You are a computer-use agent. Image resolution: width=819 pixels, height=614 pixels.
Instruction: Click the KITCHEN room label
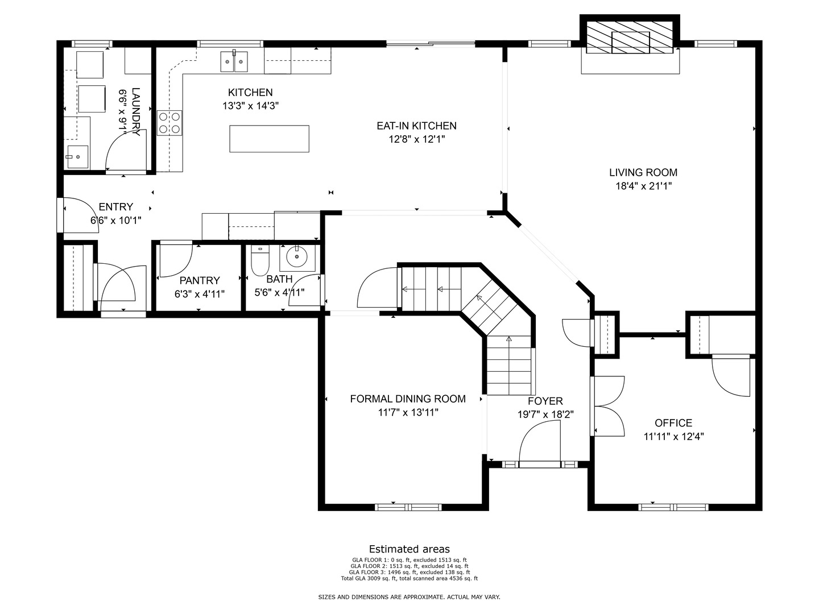pyautogui.click(x=250, y=92)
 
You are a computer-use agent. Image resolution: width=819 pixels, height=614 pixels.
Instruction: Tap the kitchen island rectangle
pyautogui.click(x=269, y=139)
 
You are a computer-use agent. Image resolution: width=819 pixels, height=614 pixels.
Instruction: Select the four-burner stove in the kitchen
pyautogui.click(x=169, y=123)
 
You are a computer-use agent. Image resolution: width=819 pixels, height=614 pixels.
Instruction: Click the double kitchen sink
pyautogui.click(x=234, y=61)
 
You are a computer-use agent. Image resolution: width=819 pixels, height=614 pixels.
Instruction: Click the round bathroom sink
pyautogui.click(x=297, y=257)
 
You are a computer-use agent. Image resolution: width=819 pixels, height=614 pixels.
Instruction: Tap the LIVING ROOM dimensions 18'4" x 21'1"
pyautogui.click(x=643, y=186)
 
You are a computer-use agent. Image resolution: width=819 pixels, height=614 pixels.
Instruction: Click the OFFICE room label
pyautogui.click(x=673, y=423)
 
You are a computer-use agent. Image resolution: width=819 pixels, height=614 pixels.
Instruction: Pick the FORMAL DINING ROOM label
pyautogui.click(x=408, y=399)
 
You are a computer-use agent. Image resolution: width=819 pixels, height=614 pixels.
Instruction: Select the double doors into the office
pyautogui.click(x=607, y=406)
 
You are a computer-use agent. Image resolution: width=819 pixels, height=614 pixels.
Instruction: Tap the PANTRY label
pyautogui.click(x=200, y=280)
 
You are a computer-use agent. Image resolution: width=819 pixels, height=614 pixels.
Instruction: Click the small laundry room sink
pyautogui.click(x=77, y=157)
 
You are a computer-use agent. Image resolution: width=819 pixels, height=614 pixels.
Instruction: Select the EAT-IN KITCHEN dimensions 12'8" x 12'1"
pyautogui.click(x=417, y=139)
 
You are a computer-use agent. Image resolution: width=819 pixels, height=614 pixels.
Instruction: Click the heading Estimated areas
pyautogui.click(x=409, y=549)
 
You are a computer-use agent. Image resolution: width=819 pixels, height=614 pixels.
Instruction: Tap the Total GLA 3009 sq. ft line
pyautogui.click(x=409, y=578)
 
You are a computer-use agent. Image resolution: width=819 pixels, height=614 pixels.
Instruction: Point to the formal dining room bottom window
pyautogui.click(x=408, y=507)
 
